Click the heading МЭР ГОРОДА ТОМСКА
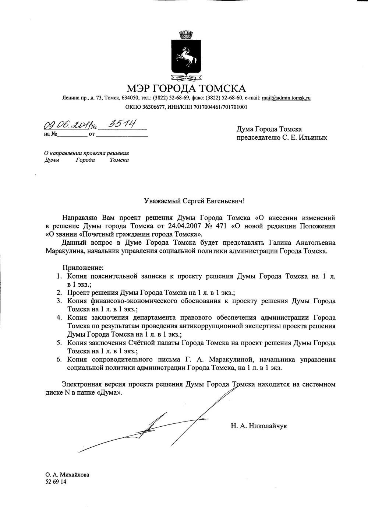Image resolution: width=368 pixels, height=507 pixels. (x=186, y=88)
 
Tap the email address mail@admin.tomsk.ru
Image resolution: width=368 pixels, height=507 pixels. (x=286, y=98)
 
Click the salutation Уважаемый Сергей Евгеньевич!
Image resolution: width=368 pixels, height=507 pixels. (x=194, y=201)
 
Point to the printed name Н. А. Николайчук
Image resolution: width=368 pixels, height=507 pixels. (x=259, y=426)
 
